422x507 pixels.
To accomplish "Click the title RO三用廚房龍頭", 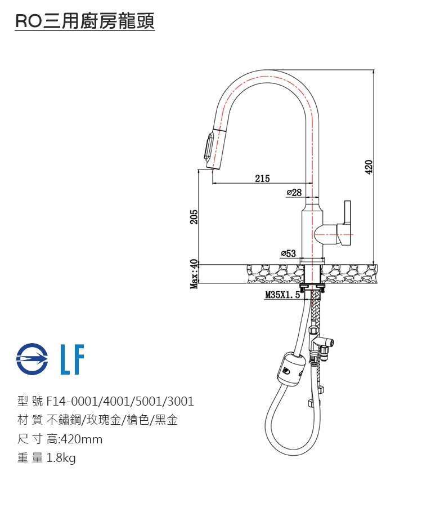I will tap(84, 22).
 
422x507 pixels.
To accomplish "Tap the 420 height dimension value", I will tap(369, 167).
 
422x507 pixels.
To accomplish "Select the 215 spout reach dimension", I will tap(262, 179).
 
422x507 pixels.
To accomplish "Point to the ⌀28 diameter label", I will tap(294, 193).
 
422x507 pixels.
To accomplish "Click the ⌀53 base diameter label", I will tap(288, 253).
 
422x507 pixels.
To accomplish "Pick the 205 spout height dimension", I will tap(194, 216).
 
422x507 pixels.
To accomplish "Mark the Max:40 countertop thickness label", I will tap(194, 274).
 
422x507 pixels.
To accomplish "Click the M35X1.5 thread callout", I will tap(282, 295).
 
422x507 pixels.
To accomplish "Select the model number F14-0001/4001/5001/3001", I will tap(120, 402).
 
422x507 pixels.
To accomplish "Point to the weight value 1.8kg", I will tap(61, 459).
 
